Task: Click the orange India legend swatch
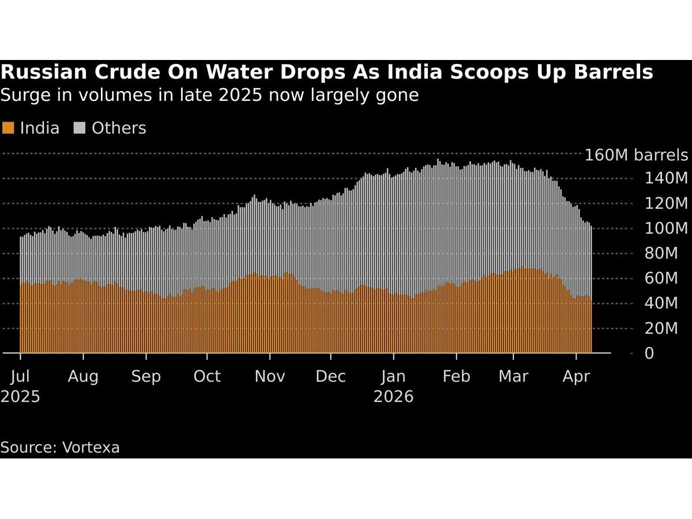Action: [8, 128]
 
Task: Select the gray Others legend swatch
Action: [80, 128]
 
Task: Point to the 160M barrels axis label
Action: [636, 155]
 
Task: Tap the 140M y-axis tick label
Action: [666, 178]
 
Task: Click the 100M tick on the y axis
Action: [666, 228]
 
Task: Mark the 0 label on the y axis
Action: [649, 353]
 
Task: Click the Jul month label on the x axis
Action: [20, 377]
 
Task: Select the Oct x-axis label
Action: [207, 377]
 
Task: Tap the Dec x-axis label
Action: [331, 377]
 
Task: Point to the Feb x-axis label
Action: [456, 377]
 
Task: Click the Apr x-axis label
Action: [576, 377]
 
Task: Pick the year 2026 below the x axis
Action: [394, 397]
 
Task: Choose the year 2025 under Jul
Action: [20, 397]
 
